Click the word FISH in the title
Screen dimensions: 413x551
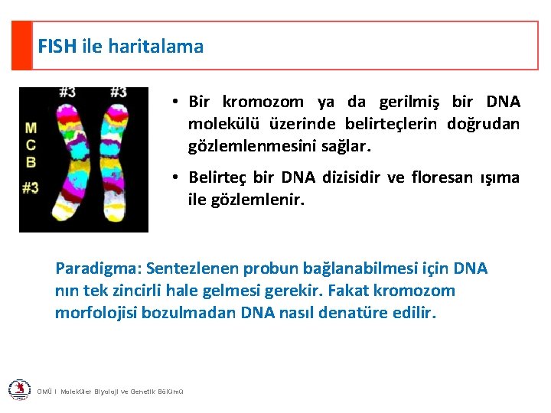pos(57,47)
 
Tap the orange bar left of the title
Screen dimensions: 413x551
pos(21,45)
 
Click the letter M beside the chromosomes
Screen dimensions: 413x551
pos(31,128)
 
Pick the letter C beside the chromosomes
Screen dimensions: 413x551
pos(31,145)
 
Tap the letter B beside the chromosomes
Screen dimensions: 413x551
pos(31,161)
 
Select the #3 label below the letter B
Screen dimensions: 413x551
pos(31,187)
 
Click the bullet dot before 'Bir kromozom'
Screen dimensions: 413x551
pos(175,102)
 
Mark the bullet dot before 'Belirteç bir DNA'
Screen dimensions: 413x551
pos(175,178)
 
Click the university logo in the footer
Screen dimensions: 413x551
pos(19,390)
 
